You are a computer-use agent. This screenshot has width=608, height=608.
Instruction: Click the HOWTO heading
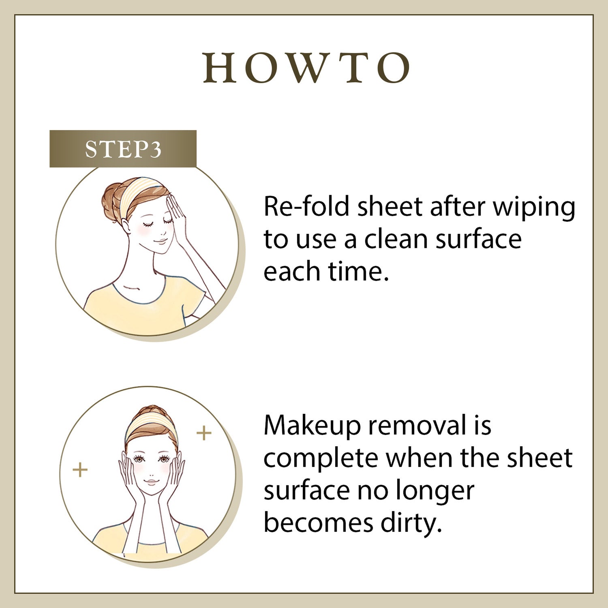click(306, 68)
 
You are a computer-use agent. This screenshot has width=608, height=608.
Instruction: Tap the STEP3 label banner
click(123, 149)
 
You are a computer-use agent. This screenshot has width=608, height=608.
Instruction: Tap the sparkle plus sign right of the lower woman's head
click(204, 433)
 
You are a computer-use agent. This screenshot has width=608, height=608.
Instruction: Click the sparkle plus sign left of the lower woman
click(80, 470)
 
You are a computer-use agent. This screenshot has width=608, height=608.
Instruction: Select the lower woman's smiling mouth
click(151, 482)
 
